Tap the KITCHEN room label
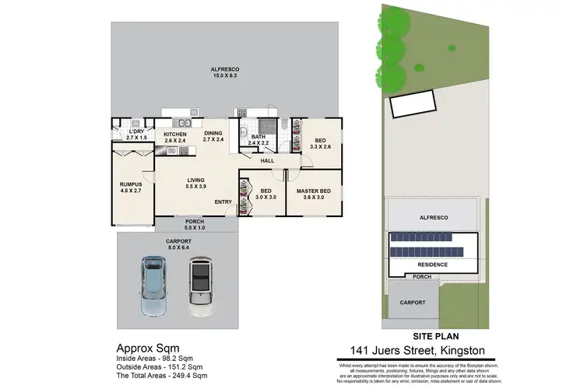click(175, 138)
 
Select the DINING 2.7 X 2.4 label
click(213, 137)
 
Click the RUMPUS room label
click(131, 187)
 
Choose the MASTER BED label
click(314, 194)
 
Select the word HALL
click(267, 161)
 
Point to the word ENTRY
click(224, 202)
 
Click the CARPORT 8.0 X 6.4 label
click(178, 244)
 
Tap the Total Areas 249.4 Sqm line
click(162, 374)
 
